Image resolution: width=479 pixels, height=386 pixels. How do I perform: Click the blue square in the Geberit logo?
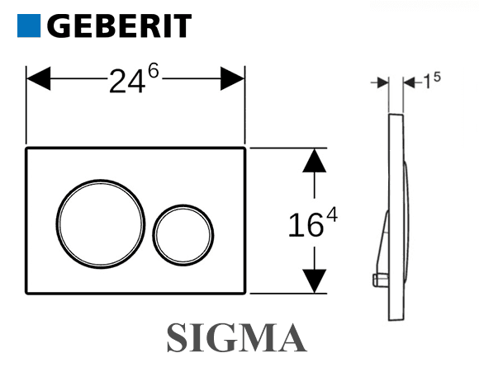(x=29, y=26)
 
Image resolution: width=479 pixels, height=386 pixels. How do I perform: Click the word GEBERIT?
(x=119, y=26)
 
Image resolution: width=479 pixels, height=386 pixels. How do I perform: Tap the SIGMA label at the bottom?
(x=237, y=338)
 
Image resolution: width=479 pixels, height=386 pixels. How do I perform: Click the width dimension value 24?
(x=127, y=82)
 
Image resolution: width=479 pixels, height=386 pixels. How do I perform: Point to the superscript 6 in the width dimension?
(x=153, y=72)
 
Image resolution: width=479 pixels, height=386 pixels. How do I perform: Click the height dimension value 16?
(x=306, y=225)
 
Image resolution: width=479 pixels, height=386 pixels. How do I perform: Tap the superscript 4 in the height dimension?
(x=332, y=214)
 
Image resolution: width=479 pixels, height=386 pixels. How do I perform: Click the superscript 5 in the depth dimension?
(x=437, y=77)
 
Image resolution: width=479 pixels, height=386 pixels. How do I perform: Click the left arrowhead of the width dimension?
(x=39, y=78)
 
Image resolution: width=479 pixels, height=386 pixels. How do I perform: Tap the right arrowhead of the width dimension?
(x=232, y=78)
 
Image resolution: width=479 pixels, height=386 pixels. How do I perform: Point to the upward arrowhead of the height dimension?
(x=315, y=161)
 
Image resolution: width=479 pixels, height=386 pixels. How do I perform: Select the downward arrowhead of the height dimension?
(x=315, y=281)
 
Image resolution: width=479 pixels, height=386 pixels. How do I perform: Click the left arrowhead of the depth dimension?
(x=382, y=82)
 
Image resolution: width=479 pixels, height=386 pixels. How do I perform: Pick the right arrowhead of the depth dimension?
(x=409, y=82)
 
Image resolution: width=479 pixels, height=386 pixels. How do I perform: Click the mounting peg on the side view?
(x=381, y=280)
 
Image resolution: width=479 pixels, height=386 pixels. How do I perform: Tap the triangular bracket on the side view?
(x=382, y=244)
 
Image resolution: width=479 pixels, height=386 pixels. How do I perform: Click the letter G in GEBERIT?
(x=59, y=26)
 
